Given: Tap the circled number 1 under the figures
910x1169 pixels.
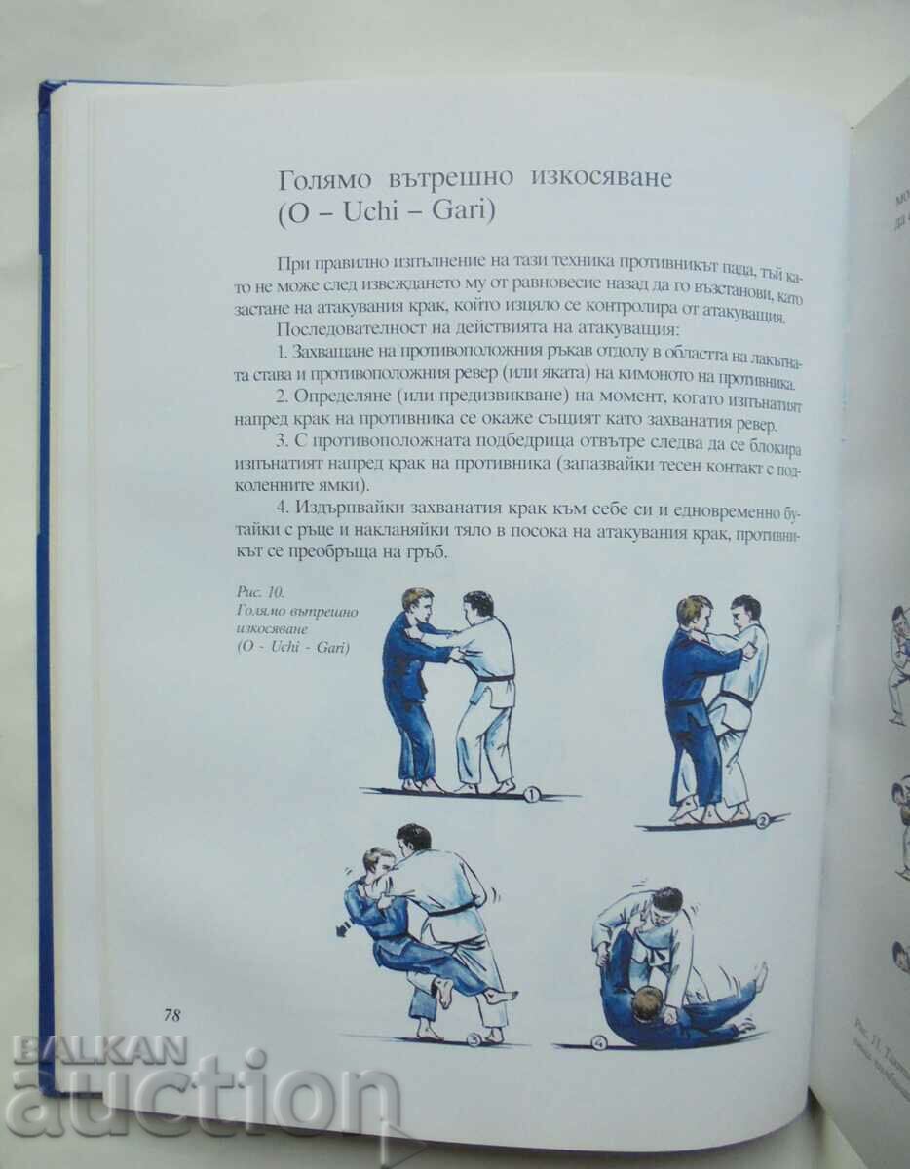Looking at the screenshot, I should click(531, 794).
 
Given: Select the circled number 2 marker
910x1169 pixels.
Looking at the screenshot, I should click(762, 820).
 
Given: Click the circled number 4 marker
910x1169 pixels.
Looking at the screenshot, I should click(597, 1041).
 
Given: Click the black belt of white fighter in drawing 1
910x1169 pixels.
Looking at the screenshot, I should click(495, 676).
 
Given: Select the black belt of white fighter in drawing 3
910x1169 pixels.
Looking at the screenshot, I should click(453, 911).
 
